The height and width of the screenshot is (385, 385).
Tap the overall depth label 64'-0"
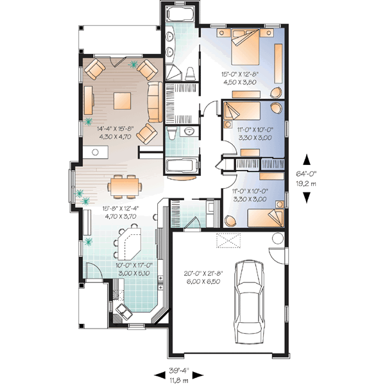coord(308,173)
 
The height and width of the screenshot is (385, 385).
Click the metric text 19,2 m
coord(308,183)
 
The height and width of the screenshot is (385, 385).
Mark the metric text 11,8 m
coord(179,379)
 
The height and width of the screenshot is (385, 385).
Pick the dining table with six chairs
coord(124,186)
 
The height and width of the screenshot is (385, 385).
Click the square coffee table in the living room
coord(122,100)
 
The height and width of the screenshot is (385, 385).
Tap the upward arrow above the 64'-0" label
coord(308,160)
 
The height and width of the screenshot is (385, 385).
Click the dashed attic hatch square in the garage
coord(229,240)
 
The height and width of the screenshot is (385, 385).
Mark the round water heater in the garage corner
coord(277,239)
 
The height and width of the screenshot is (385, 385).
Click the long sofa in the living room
coord(154,101)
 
